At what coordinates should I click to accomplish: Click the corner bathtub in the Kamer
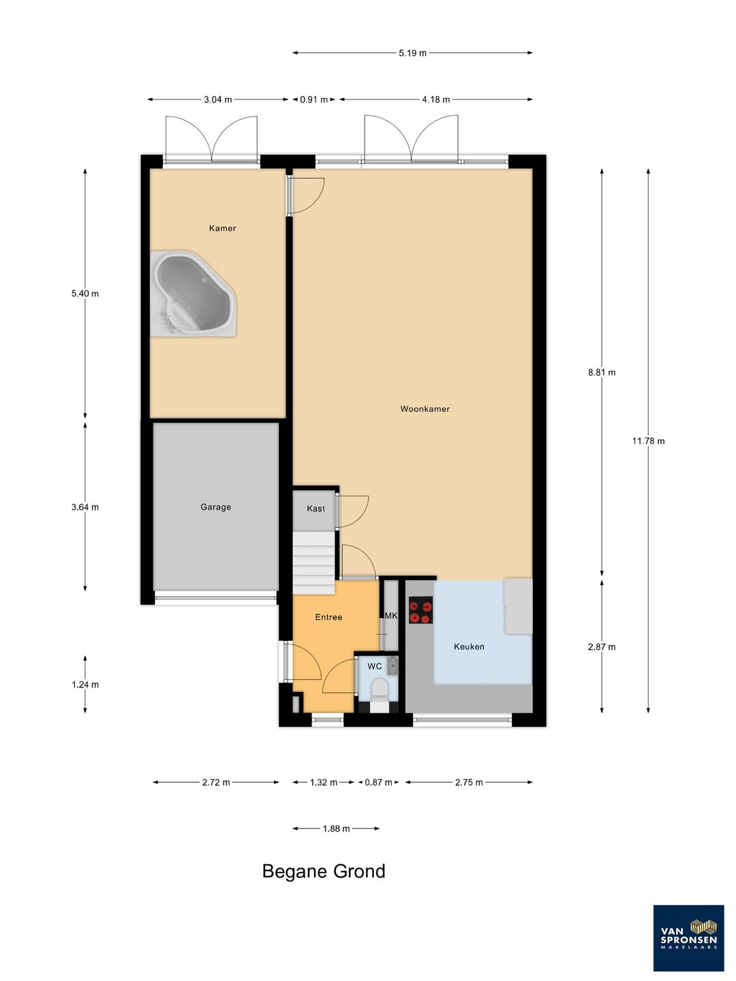tap(193, 294)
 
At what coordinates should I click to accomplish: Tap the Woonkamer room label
tap(425, 409)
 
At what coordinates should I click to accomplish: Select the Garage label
tap(215, 507)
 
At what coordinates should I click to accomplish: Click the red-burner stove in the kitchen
tap(420, 610)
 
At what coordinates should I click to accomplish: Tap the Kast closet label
tap(316, 509)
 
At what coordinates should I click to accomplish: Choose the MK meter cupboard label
tap(391, 616)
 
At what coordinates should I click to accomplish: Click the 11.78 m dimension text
tap(648, 441)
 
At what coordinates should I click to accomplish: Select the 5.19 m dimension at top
tap(412, 53)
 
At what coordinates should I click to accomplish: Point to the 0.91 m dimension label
tap(313, 99)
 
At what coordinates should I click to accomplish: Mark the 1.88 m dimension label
tap(336, 828)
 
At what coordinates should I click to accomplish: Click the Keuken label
tap(469, 647)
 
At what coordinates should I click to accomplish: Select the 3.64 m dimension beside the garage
tap(85, 507)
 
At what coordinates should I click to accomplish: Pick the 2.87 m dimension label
tap(602, 647)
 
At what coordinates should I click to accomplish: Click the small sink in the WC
tap(393, 666)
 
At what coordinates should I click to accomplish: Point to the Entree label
tap(328, 617)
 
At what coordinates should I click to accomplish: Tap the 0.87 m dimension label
tap(378, 783)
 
